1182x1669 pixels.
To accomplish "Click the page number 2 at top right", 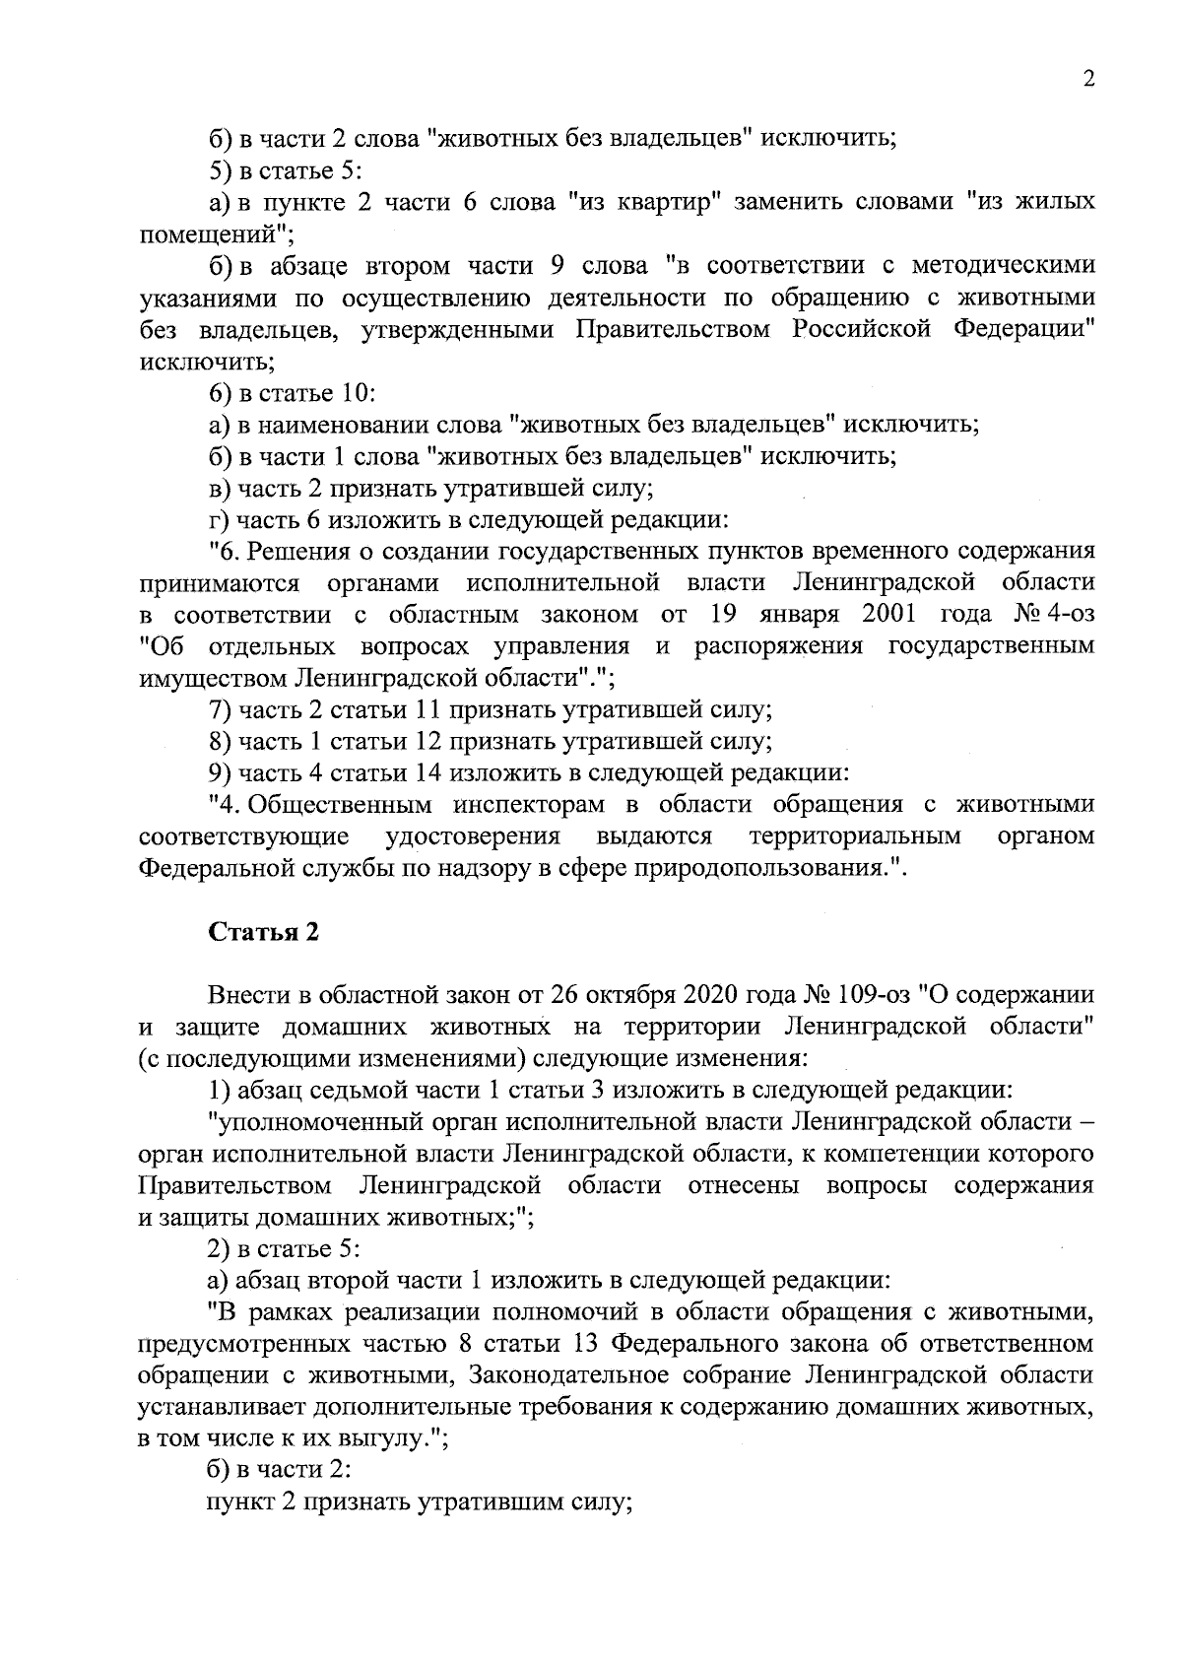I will coord(1088,80).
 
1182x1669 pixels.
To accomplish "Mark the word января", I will coord(799,615).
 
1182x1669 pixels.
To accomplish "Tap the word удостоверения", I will coord(473,836).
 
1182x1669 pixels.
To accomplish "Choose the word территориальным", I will coord(854,836).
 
